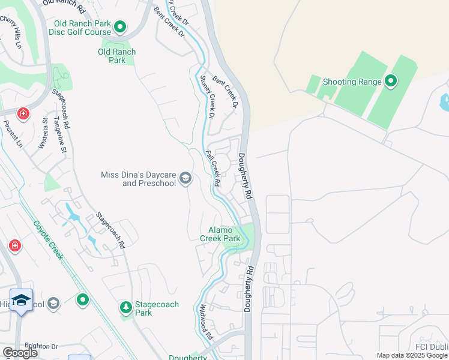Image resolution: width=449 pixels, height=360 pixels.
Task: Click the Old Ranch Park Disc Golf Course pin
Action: pos(120,27)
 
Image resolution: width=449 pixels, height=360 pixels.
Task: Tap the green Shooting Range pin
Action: pos(391,80)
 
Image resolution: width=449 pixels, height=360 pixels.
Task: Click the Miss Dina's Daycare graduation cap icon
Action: pos(186,178)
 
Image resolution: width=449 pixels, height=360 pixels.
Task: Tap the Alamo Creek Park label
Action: pos(224,234)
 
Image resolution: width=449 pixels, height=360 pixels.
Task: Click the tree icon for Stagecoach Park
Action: pos(126,308)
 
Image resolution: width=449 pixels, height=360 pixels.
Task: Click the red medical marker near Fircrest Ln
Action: pos(23,113)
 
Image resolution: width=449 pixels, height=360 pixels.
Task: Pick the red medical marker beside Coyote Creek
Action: pos(14,245)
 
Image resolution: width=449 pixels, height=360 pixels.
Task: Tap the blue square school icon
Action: pos(21,301)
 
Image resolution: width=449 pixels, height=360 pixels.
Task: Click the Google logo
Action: pos(20,353)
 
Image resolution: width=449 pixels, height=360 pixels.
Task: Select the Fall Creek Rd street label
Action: pos(213,168)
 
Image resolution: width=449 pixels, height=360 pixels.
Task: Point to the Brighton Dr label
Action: pos(41,347)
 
